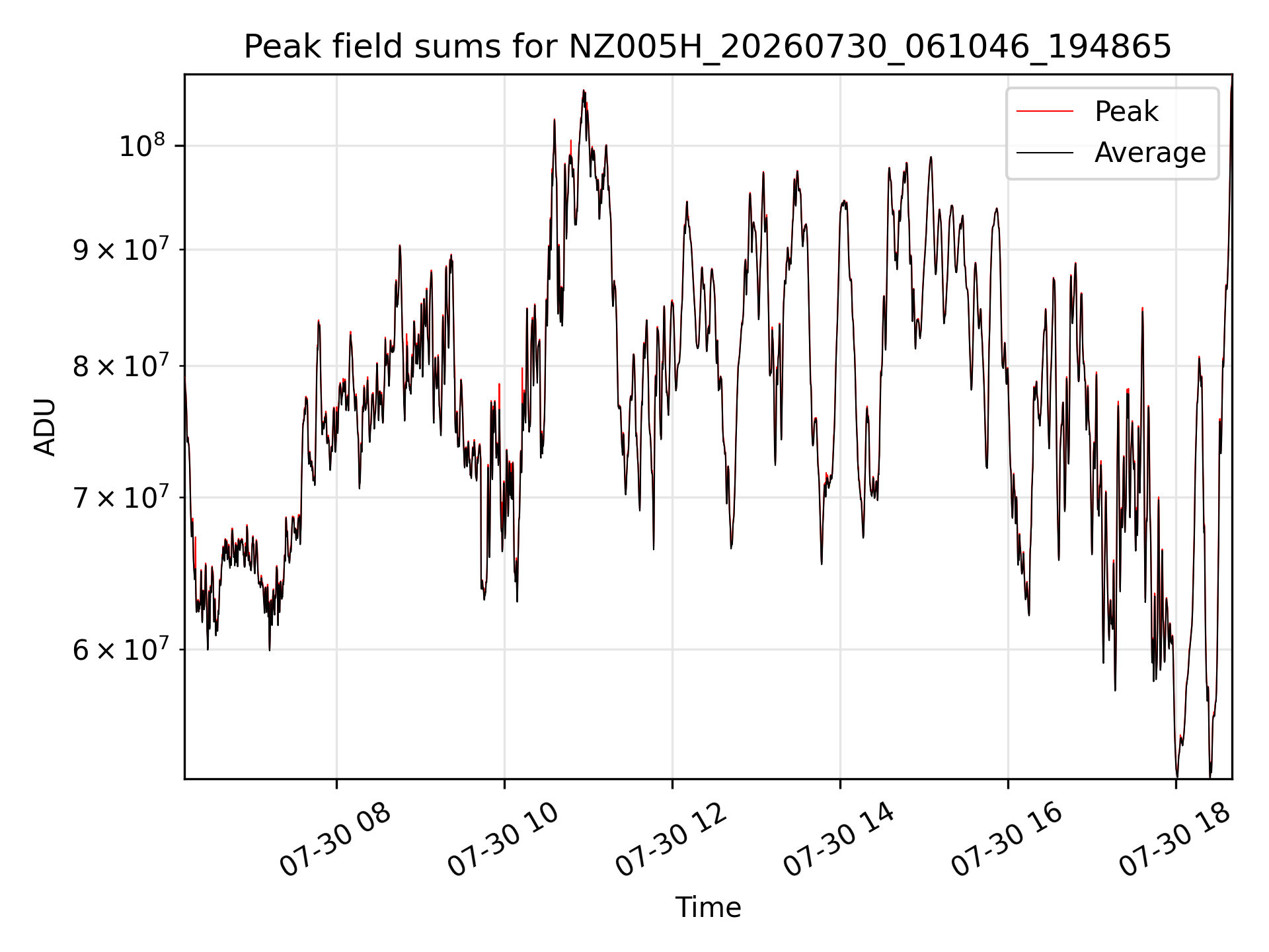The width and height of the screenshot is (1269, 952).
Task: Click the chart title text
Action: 708,47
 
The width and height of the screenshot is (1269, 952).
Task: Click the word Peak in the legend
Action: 1126,111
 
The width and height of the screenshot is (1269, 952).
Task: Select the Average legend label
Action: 1150,153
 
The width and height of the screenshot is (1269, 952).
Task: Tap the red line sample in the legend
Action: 1045,111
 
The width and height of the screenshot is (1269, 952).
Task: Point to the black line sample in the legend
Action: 1045,153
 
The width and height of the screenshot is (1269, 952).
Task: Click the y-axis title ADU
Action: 45,426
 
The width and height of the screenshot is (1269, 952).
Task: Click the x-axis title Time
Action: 708,907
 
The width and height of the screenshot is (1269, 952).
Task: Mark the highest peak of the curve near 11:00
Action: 584,90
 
